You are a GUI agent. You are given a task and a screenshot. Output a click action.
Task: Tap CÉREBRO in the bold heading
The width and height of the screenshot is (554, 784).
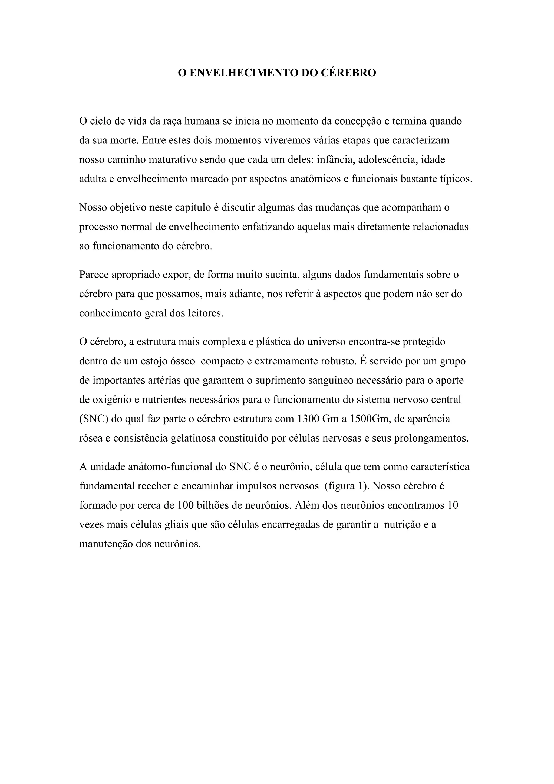point(349,73)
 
